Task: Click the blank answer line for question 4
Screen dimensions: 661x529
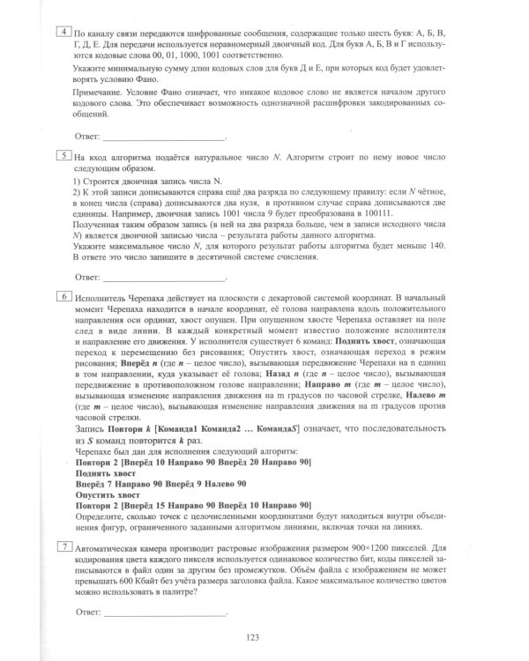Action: tap(164, 138)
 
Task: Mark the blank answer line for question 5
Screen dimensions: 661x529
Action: tap(164, 278)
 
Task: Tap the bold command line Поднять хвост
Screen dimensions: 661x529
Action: tap(103, 473)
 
